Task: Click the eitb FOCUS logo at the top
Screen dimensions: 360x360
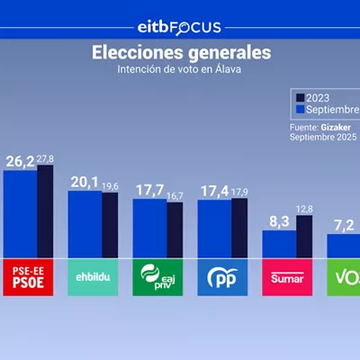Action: click(179, 28)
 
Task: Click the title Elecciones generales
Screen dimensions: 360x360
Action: click(182, 52)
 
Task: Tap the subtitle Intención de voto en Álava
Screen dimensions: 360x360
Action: click(179, 69)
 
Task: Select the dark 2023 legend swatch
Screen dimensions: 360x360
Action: click(301, 98)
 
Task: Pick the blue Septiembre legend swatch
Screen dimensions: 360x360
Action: click(301, 109)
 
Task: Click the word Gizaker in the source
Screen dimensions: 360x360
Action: click(336, 128)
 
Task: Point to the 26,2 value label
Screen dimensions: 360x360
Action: click(20, 162)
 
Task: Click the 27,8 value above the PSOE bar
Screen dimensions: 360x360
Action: click(45, 159)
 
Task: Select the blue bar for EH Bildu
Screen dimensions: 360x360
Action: click(85, 224)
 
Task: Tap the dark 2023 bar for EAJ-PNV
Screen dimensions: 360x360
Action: click(175, 230)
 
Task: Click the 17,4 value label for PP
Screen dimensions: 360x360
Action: click(215, 191)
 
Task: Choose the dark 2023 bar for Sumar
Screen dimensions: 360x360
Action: click(304, 237)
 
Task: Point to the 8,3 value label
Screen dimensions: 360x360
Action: click(279, 221)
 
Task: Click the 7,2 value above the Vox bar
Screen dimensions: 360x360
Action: click(344, 225)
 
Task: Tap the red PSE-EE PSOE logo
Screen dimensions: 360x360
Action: click(28, 277)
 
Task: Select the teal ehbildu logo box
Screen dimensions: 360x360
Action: click(93, 277)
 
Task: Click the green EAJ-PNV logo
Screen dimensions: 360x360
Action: click(157, 277)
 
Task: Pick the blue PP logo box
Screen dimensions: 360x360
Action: click(222, 277)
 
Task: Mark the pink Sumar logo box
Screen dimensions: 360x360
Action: click(287, 277)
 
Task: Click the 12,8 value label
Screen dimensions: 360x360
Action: click(304, 210)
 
